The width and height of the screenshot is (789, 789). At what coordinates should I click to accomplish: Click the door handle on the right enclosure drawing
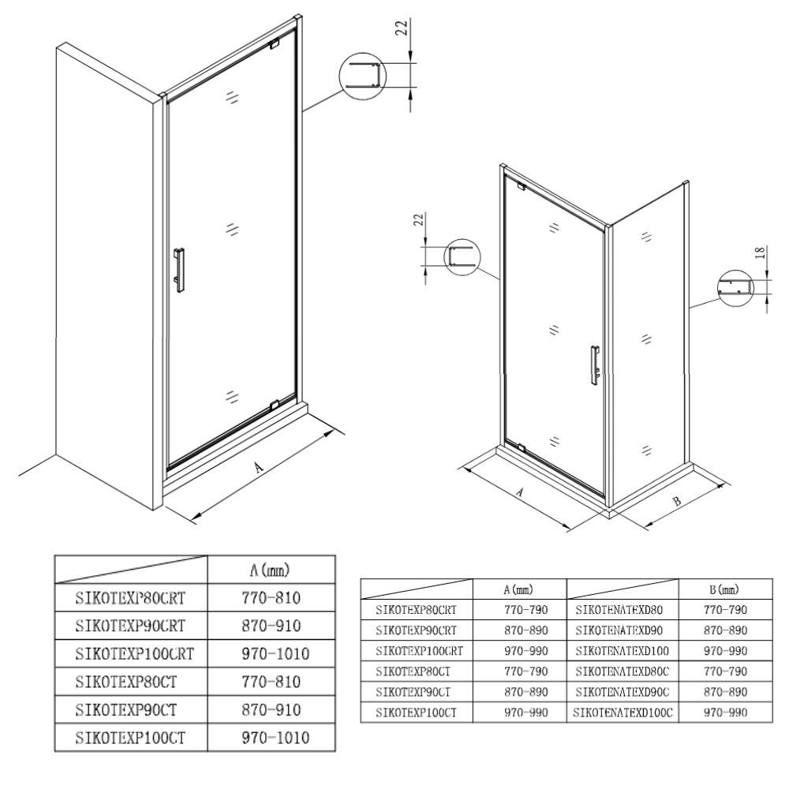tap(595, 365)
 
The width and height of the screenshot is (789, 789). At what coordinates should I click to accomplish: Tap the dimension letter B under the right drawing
tap(677, 501)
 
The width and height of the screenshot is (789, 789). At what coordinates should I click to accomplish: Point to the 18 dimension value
tap(761, 252)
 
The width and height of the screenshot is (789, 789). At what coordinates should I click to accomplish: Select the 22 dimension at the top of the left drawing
tap(402, 28)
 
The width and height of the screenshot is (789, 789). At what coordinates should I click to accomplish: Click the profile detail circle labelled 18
tap(735, 288)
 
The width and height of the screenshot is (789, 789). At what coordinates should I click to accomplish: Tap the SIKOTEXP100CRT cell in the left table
tap(134, 653)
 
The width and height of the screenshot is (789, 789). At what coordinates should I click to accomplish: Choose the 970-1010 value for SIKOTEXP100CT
tap(275, 738)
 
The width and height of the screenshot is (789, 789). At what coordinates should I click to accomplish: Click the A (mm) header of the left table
tap(270, 570)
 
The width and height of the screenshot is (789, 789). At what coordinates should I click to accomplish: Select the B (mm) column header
tap(724, 589)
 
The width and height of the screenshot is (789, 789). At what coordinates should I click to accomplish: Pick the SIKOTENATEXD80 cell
tap(619, 610)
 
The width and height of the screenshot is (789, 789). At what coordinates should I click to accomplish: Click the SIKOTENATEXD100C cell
tap(623, 712)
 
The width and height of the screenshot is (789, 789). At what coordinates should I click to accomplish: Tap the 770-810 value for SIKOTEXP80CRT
tap(271, 598)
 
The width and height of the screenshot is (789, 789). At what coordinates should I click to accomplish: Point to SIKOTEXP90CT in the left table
tap(125, 710)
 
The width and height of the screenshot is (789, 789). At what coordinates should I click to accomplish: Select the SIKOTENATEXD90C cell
tap(623, 692)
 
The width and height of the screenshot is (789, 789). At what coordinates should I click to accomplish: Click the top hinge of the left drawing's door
tap(275, 44)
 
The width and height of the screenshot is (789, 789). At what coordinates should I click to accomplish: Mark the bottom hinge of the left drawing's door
tap(275, 405)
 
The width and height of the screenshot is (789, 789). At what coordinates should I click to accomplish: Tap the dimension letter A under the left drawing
tap(259, 468)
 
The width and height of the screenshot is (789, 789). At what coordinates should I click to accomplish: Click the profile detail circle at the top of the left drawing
tap(363, 76)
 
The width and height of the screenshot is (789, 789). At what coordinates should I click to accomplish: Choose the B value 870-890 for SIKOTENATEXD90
tap(726, 630)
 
